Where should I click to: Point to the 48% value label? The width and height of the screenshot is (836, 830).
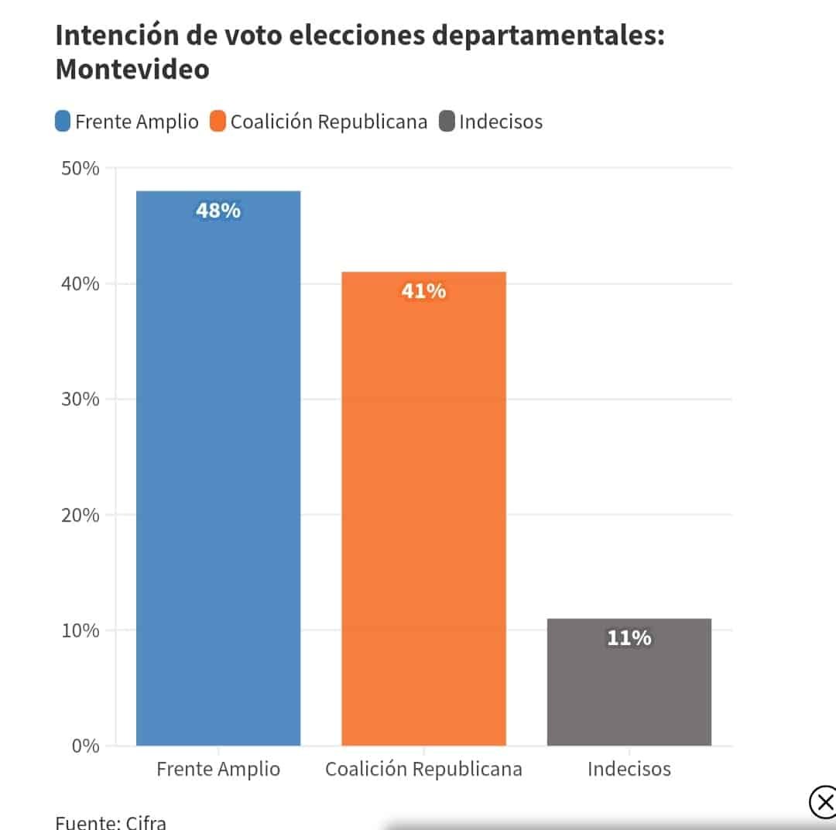(218, 211)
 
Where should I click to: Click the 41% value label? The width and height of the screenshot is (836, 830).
(423, 291)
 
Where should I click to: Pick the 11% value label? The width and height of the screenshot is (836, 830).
(629, 638)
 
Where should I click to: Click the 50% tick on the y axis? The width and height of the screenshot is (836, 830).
(81, 169)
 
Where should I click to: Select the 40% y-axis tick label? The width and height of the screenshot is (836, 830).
(81, 284)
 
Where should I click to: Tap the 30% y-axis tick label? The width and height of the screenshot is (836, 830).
(81, 400)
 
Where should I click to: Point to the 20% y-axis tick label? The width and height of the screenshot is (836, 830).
(81, 515)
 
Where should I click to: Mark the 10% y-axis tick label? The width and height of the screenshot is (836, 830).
(81, 630)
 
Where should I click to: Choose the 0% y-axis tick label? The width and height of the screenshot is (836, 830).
(85, 746)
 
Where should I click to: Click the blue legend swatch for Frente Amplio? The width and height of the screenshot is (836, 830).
(63, 122)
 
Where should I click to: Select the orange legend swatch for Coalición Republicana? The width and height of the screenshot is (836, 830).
(218, 122)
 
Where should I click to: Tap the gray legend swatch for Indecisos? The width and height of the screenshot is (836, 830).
(447, 122)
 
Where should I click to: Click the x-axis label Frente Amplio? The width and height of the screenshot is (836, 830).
(218, 769)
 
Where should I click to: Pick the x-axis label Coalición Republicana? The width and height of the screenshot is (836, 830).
(423, 769)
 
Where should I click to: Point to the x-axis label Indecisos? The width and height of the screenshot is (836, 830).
(629, 769)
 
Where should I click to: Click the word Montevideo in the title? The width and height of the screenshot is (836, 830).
(132, 69)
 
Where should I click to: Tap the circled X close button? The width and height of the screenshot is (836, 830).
(822, 802)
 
